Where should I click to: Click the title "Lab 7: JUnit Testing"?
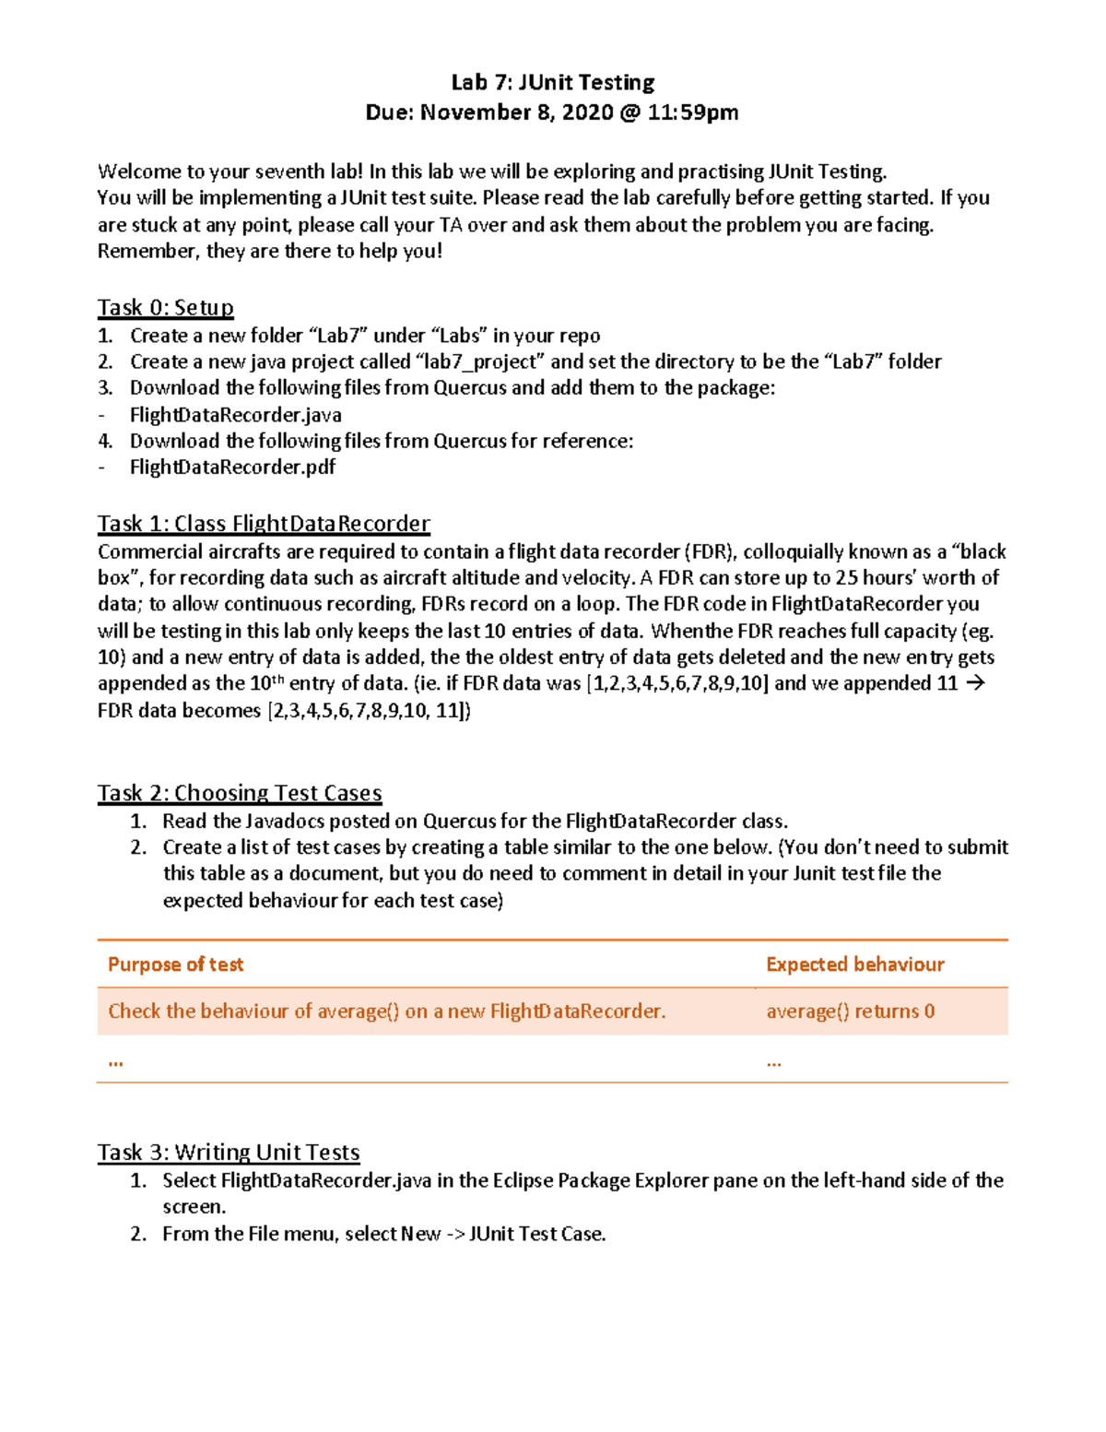click(552, 82)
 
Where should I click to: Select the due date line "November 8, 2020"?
click(517, 112)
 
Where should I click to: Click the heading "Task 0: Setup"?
click(166, 307)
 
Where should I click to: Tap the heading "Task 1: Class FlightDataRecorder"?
click(264, 524)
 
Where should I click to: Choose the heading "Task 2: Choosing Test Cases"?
click(240, 793)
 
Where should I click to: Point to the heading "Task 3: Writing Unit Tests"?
click(229, 1152)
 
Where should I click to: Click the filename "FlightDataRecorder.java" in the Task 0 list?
click(236, 415)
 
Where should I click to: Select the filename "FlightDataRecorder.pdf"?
click(232, 467)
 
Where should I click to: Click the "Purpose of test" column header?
click(175, 965)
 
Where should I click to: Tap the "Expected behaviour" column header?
click(854, 965)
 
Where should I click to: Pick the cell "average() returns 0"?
click(850, 1012)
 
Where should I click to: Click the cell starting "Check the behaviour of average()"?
click(386, 1012)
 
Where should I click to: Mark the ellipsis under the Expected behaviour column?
click(773, 1061)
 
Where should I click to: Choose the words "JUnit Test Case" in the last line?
click(536, 1234)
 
